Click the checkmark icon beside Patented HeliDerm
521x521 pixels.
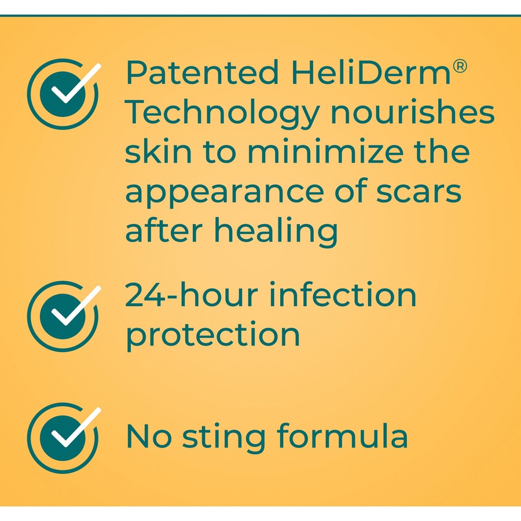(64, 91)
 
